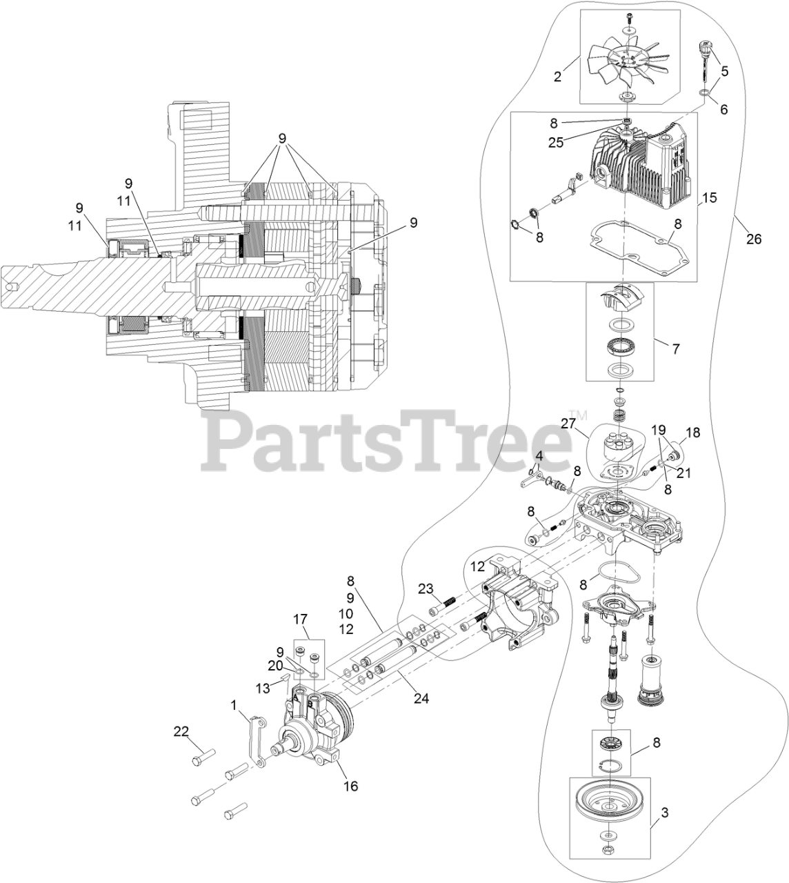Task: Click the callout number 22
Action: (181, 732)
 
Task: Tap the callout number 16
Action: (351, 786)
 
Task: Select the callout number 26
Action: (754, 239)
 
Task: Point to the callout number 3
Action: (664, 813)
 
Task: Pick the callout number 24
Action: (421, 698)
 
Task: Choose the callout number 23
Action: (426, 588)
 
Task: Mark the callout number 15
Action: (709, 198)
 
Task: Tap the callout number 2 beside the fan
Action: (557, 77)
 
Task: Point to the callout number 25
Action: (555, 143)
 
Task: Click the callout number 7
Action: (675, 349)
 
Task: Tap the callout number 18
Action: (692, 433)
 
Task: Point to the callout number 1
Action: (234, 704)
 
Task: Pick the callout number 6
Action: (723, 108)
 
